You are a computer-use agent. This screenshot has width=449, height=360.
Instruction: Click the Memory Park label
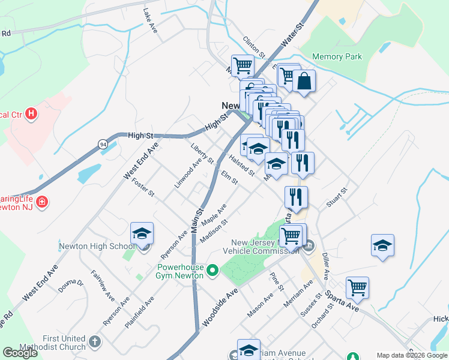click(337, 57)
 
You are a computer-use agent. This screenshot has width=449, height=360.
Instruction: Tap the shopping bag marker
click(304, 82)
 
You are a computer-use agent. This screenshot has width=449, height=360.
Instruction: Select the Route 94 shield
click(103, 143)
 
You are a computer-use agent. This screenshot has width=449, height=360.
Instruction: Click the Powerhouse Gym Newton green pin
click(212, 272)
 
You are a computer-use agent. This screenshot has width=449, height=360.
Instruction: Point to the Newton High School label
click(97, 246)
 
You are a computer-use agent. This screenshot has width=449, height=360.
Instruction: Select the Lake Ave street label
click(150, 20)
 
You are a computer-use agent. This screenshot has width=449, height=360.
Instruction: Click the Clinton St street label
click(254, 47)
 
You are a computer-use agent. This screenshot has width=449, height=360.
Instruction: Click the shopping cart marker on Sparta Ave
click(357, 289)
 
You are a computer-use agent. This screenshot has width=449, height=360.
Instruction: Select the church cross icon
click(94, 342)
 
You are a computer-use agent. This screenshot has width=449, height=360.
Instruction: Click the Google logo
click(20, 353)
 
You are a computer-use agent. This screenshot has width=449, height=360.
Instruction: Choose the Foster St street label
click(143, 186)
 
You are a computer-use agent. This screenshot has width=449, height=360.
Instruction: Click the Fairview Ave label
click(103, 284)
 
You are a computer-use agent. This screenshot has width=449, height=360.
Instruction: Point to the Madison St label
click(214, 231)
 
